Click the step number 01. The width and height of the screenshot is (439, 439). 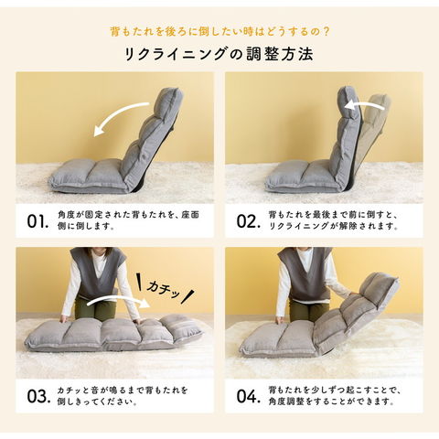click(37, 221)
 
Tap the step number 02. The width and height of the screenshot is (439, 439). click(249, 221)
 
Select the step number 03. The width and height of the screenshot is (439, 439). click(38, 396)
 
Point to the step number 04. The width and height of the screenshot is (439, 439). click(249, 396)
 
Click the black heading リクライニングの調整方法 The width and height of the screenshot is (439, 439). click(219, 54)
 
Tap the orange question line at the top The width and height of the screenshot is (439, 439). click(219, 31)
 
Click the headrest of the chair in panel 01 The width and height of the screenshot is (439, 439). click(168, 102)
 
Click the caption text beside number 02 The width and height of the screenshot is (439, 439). click(333, 220)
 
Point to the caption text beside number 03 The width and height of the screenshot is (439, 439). click(123, 396)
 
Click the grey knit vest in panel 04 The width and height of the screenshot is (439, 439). click(305, 273)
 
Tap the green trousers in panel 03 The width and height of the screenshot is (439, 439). click(94, 308)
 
